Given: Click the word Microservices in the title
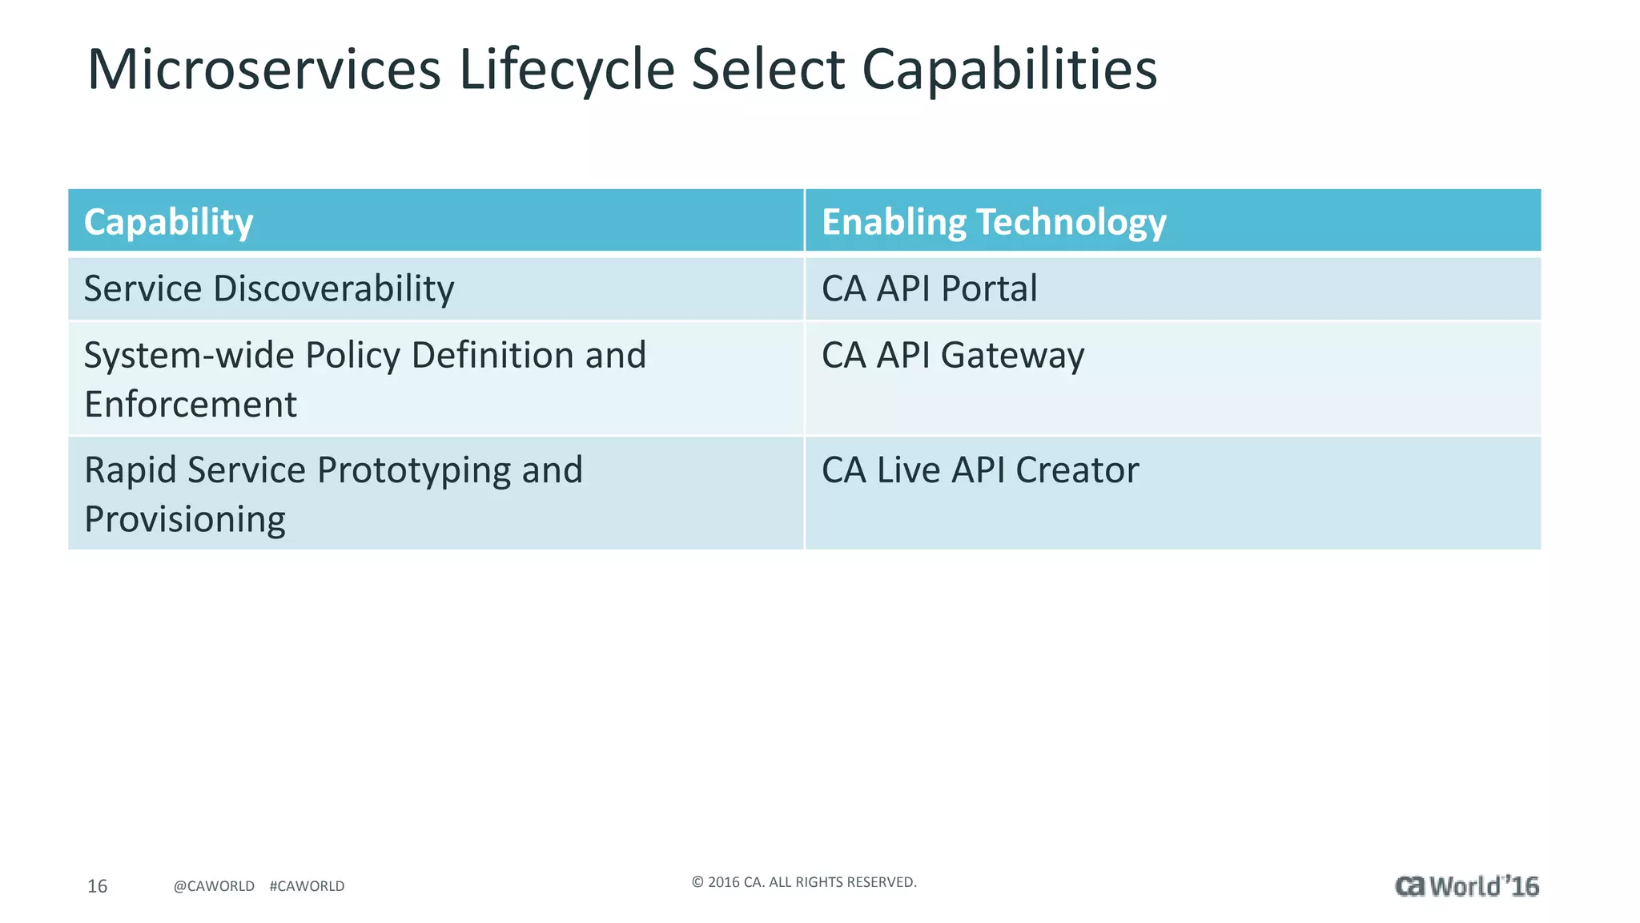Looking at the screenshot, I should click(x=264, y=70).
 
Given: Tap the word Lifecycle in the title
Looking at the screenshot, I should click(x=567, y=70).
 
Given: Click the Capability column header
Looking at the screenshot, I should click(x=168, y=222).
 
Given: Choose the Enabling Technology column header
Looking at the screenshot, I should click(x=994, y=222).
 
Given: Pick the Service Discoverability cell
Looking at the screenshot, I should click(x=269, y=288).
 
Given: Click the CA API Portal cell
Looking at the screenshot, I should click(x=929, y=288).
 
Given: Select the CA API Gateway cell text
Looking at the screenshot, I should click(x=953, y=355).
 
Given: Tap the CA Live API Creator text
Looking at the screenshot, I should click(x=980, y=470).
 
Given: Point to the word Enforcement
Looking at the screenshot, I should click(x=191, y=404).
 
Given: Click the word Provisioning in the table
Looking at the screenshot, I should click(x=185, y=519).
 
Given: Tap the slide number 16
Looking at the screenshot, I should click(x=97, y=886).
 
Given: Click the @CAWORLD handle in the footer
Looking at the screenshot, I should click(x=214, y=886).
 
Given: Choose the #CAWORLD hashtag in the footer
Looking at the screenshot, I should click(x=307, y=886).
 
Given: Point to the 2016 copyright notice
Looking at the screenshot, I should click(x=804, y=882).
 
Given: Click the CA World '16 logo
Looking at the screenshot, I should click(x=1466, y=886).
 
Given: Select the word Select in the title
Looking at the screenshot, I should click(x=767, y=70).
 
